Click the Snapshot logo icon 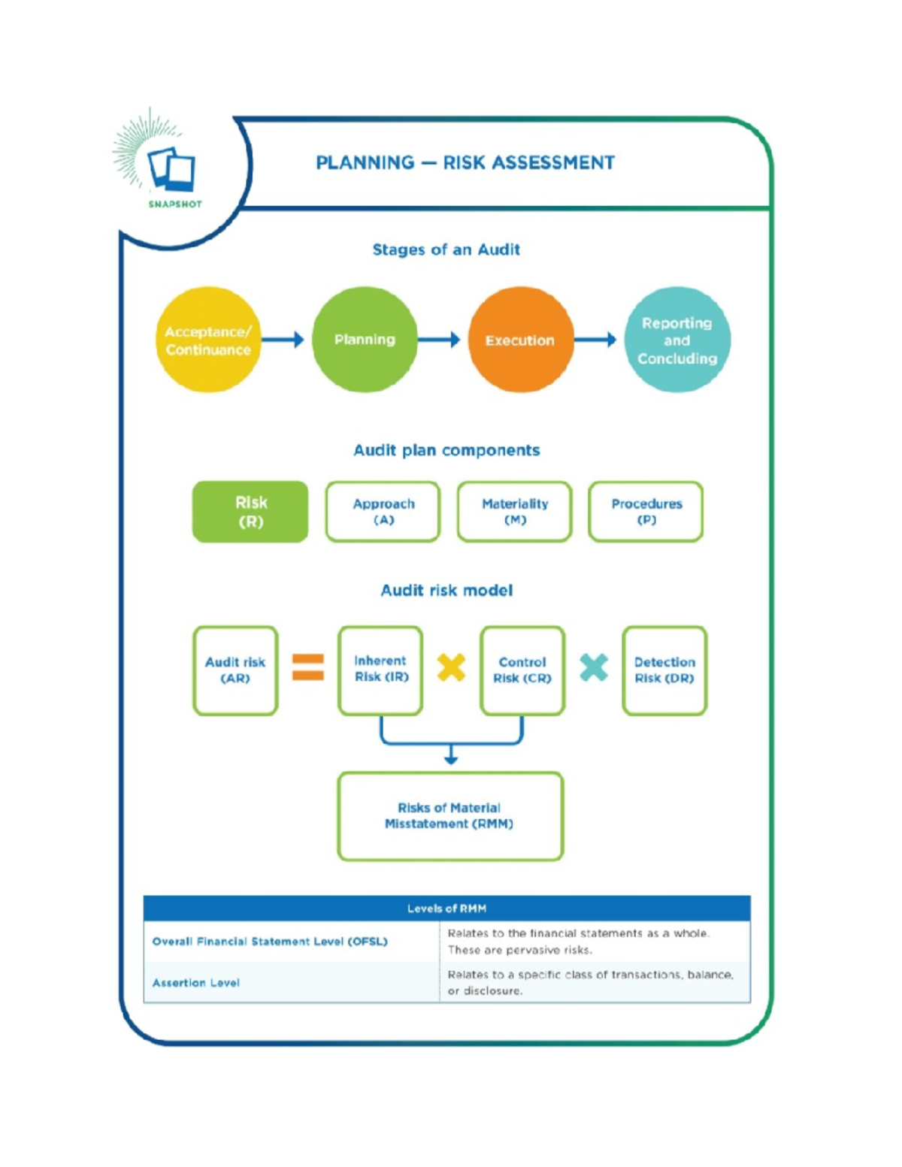click(171, 168)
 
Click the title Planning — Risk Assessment click(465, 162)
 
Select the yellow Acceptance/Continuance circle click(208, 340)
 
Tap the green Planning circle click(365, 340)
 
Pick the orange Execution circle click(520, 340)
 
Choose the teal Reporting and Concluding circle click(676, 340)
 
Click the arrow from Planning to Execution click(439, 340)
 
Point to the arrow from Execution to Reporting click(595, 340)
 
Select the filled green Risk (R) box click(250, 512)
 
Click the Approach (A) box click(383, 512)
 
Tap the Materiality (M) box click(515, 512)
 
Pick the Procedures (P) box click(646, 512)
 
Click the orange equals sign click(308, 667)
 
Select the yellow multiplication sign click(451, 667)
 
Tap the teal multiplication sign click(594, 667)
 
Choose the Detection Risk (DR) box click(664, 670)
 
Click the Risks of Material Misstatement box click(449, 816)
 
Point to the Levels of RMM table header click(446, 909)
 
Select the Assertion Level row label click(196, 983)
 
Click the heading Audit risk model click(446, 591)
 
